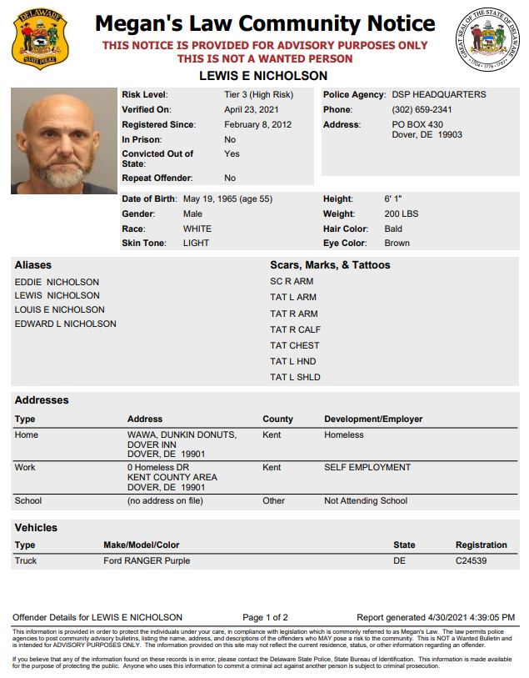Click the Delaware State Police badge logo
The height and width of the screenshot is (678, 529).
pos(40,40)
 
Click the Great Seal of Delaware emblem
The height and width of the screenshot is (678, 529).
pos(491,39)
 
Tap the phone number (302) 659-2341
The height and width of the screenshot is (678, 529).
pos(422,110)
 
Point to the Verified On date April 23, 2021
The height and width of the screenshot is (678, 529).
pos(252,110)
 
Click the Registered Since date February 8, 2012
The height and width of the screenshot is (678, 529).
pos(258,125)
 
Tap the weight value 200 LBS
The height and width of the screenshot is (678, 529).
pos(402,214)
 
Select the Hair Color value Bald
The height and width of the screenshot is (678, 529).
pos(393,229)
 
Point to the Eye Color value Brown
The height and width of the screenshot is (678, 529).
pos(397,244)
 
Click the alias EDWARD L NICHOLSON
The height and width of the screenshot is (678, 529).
pos(65,324)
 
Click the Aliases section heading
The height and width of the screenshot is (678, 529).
pos(32,265)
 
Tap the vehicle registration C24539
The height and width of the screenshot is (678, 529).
pos(471,561)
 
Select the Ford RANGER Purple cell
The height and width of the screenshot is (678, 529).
pos(147,561)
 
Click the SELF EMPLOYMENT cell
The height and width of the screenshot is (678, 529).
pos(367,468)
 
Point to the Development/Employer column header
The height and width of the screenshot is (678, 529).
pos(373,419)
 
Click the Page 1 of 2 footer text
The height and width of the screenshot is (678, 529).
pos(265,618)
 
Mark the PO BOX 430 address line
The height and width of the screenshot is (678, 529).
pos(417,125)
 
